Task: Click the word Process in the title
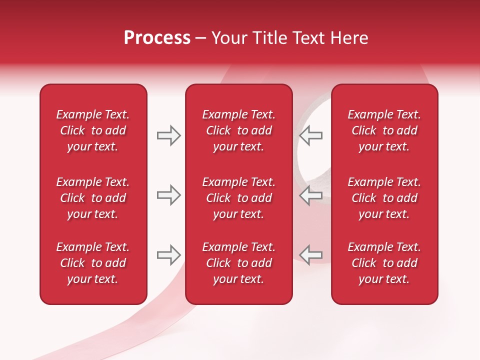(x=157, y=38)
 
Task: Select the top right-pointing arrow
(x=168, y=135)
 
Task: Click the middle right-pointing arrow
(x=168, y=195)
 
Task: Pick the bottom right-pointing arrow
(x=168, y=255)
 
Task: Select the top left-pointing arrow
(x=310, y=135)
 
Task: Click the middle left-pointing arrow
(x=310, y=195)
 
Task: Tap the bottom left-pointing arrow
(x=310, y=255)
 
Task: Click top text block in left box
(x=93, y=130)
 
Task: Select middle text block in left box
(x=93, y=198)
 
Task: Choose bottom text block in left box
(x=93, y=263)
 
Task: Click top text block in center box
(x=238, y=130)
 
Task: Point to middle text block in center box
(x=238, y=198)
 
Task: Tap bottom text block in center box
(x=238, y=263)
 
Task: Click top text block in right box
(x=384, y=130)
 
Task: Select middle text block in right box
(x=384, y=198)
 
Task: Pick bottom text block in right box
(x=384, y=263)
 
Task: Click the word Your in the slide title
(x=229, y=38)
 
